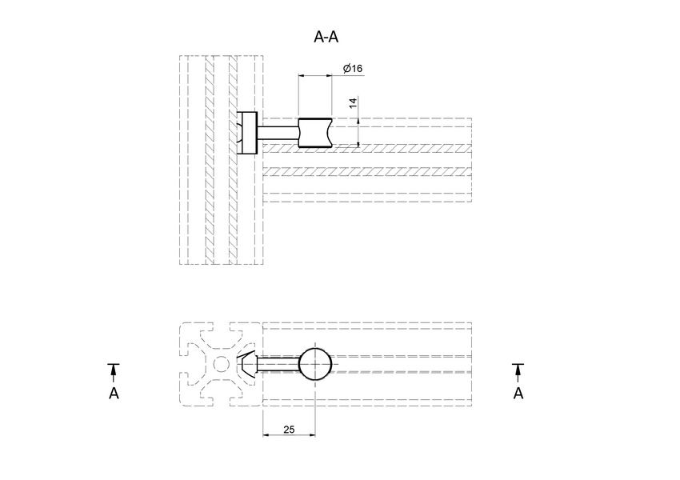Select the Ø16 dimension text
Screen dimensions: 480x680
353,69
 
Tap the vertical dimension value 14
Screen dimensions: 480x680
352,104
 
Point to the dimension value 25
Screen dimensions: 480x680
289,430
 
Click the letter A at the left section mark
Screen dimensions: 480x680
114,394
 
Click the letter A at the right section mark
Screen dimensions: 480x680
518,394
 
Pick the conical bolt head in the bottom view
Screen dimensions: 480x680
249,363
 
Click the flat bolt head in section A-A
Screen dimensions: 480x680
248,133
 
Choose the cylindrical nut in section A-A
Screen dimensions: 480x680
315,133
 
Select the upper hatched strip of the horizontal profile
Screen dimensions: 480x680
368,149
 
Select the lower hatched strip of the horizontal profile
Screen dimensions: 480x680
368,171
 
